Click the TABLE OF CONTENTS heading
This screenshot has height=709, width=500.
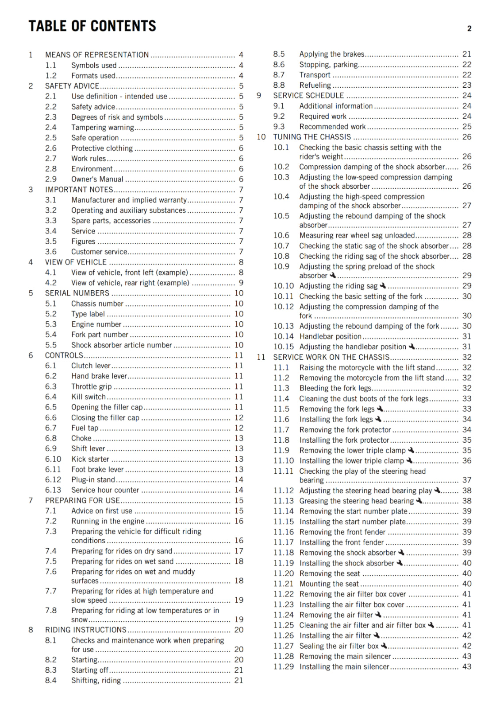[x=92, y=26]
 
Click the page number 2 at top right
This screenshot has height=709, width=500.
[x=469, y=29]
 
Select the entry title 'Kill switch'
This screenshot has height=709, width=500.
[x=88, y=397]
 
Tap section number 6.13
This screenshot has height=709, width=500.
[x=53, y=490]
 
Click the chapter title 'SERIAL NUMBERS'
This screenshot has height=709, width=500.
[x=77, y=293]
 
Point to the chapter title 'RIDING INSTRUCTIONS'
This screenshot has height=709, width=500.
[x=86, y=630]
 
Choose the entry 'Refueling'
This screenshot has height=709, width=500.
[x=315, y=85]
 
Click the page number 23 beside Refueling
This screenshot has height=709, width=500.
[x=467, y=85]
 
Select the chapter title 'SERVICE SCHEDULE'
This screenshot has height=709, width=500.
[x=308, y=96]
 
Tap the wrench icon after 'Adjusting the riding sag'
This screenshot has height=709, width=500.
[x=383, y=286]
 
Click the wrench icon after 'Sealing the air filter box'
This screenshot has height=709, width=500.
[x=384, y=646]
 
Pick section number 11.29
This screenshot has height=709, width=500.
[x=283, y=667]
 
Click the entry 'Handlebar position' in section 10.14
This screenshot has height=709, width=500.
[x=331, y=337]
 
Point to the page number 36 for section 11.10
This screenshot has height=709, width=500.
[x=467, y=461]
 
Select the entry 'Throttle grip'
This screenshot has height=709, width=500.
[x=92, y=387]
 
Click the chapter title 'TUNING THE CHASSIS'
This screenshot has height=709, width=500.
[x=312, y=137]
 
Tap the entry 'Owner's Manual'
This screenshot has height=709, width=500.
[x=97, y=179]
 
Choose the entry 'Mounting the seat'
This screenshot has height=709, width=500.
[x=329, y=584]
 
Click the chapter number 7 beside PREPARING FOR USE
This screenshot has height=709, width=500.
[x=31, y=501]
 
